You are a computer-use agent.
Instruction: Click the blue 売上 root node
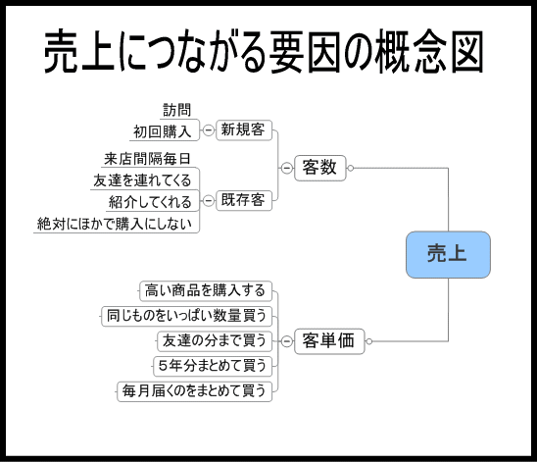(x=448, y=255)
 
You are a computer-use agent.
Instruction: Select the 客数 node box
(x=320, y=168)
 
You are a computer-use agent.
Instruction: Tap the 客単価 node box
(x=329, y=341)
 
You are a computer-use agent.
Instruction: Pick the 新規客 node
(x=244, y=129)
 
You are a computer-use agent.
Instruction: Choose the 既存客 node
(x=244, y=200)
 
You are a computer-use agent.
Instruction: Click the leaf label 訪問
(x=176, y=110)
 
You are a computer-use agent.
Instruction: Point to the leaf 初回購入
(x=163, y=131)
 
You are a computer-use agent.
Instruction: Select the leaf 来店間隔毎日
(x=147, y=159)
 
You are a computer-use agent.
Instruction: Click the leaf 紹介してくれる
(x=150, y=202)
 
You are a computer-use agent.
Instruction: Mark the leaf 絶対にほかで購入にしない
(x=115, y=224)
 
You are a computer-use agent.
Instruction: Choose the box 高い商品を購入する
(x=206, y=291)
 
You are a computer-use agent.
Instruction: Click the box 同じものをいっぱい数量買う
(x=186, y=316)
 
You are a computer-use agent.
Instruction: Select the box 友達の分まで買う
(x=215, y=341)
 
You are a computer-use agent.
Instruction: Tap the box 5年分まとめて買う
(x=213, y=366)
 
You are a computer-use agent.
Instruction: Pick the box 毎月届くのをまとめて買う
(x=195, y=391)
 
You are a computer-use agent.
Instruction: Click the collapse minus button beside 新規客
(x=208, y=130)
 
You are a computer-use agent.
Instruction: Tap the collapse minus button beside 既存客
(x=208, y=200)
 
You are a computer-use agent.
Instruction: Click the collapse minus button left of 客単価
(x=287, y=341)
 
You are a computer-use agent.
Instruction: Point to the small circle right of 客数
(x=351, y=168)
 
